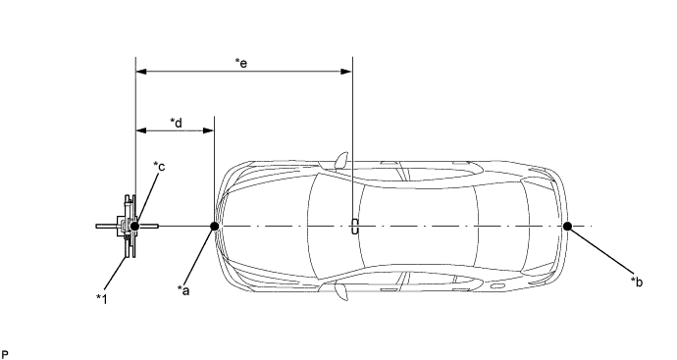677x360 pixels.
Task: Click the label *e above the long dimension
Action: pos(241,64)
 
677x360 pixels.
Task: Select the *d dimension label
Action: pos(177,123)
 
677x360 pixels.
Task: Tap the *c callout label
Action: pos(159,166)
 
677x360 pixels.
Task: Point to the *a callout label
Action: pos(183,290)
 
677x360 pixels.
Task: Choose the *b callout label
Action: pos(637,282)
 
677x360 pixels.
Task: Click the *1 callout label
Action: pos(102,298)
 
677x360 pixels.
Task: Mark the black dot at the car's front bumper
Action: pos(214,226)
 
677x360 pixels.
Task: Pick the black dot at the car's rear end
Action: pos(567,226)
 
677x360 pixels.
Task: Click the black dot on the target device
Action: pos(134,226)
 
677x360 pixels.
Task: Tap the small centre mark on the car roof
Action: pos(354,227)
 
